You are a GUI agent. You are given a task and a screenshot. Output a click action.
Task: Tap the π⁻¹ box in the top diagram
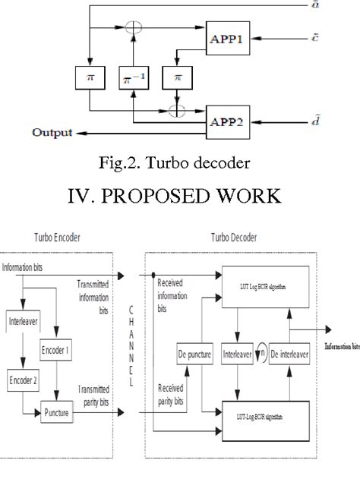point(134,78)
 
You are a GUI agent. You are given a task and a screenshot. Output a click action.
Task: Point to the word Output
point(52,133)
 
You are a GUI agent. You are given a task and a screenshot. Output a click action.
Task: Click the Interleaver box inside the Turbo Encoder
point(24,320)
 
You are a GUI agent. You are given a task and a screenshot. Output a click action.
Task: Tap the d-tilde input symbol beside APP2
point(338,119)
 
